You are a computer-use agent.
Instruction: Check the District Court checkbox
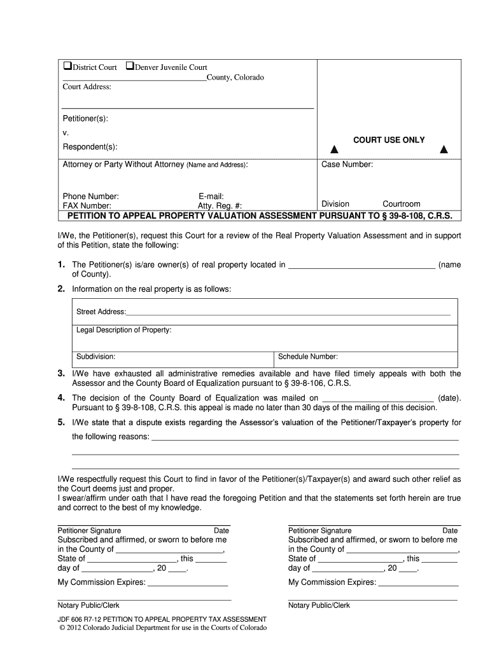pyautogui.click(x=67, y=67)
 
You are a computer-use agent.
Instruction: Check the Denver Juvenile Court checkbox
pyautogui.click(x=130, y=67)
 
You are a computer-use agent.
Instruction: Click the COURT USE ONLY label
pyautogui.click(x=389, y=140)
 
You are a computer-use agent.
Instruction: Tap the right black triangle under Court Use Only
pyautogui.click(x=444, y=151)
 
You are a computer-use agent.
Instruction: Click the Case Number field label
pyautogui.click(x=347, y=165)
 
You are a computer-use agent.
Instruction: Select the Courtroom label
pyautogui.click(x=401, y=204)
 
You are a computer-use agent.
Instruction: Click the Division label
pyautogui.click(x=335, y=204)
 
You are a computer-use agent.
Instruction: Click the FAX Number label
pyautogui.click(x=87, y=206)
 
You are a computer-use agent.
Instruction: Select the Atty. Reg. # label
pyautogui.click(x=220, y=206)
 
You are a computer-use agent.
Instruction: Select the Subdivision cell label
pyautogui.click(x=95, y=357)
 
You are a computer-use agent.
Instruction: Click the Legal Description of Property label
pyautogui.click(x=123, y=330)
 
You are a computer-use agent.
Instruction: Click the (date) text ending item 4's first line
pyautogui.click(x=449, y=398)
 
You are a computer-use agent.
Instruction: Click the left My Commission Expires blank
pyautogui.click(x=187, y=582)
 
